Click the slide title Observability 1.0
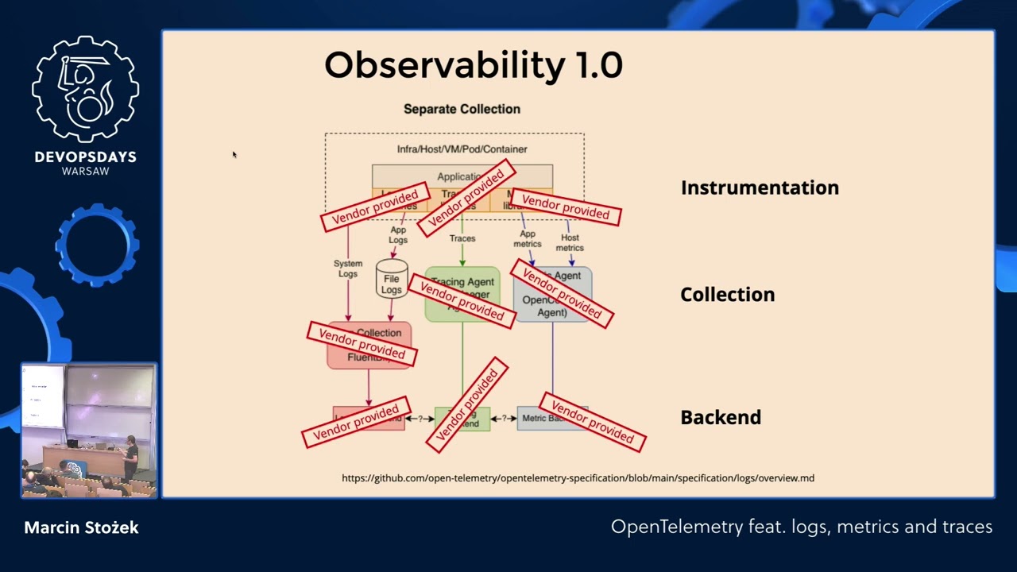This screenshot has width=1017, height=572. [473, 65]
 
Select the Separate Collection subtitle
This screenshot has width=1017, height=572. [462, 109]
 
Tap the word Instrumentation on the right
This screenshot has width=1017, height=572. [760, 187]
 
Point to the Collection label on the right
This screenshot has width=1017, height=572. [727, 295]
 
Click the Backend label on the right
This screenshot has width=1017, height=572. [721, 417]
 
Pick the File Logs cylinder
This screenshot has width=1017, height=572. [392, 280]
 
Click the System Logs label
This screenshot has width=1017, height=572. [348, 269]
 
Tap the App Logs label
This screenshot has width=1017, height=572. [398, 235]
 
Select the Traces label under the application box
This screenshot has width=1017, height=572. [462, 238]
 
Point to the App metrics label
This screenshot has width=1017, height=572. [528, 239]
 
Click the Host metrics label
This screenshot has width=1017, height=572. [570, 242]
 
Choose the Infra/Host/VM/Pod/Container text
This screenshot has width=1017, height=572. [462, 149]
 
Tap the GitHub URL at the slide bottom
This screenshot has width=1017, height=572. [578, 478]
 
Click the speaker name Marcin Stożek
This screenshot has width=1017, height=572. [81, 528]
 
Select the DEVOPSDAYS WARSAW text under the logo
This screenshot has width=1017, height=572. [85, 163]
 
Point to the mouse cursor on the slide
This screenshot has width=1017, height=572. [234, 154]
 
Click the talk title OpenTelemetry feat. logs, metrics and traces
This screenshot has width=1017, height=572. [801, 527]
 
